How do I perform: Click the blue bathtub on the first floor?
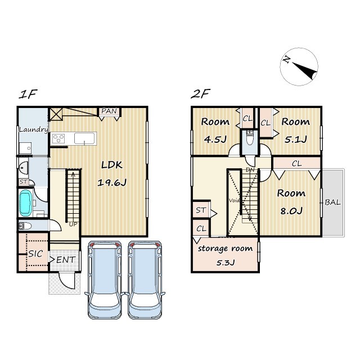pyautogui.click(x=25, y=203)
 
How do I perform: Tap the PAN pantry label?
pyautogui.click(x=109, y=111)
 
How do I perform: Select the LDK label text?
pyautogui.click(x=112, y=165)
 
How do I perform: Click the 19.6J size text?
pyautogui.click(x=112, y=183)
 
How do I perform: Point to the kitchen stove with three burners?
pyautogui.click(x=58, y=138)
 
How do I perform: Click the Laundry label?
pyautogui.click(x=34, y=130)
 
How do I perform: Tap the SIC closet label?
pyautogui.click(x=35, y=254)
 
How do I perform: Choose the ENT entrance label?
pyautogui.click(x=66, y=260)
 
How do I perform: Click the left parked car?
pyautogui.click(x=105, y=280)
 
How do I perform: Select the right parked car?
pyautogui.click(x=145, y=280)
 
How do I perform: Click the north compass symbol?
pyautogui.click(x=299, y=67)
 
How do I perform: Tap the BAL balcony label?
pyautogui.click(x=332, y=202)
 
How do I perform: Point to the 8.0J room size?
pyautogui.click(x=291, y=211)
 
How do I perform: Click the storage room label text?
pyautogui.click(x=225, y=249)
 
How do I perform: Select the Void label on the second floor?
pyautogui.click(x=234, y=200)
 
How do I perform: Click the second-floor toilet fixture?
pyautogui.click(x=249, y=138)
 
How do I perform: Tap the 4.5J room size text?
pyautogui.click(x=215, y=139)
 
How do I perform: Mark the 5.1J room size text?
pyautogui.click(x=295, y=139)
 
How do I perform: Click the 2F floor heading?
pyautogui.click(x=200, y=94)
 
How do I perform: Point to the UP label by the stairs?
pyautogui.click(x=73, y=224)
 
